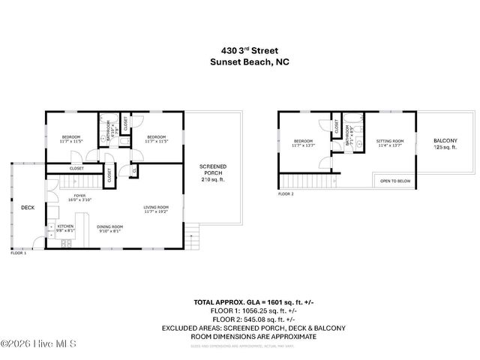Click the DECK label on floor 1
(x=28, y=208)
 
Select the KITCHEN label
(x=64, y=226)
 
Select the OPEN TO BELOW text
(x=394, y=181)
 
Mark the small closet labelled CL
(x=133, y=171)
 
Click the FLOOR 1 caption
(x=18, y=253)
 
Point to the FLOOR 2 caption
(x=286, y=194)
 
